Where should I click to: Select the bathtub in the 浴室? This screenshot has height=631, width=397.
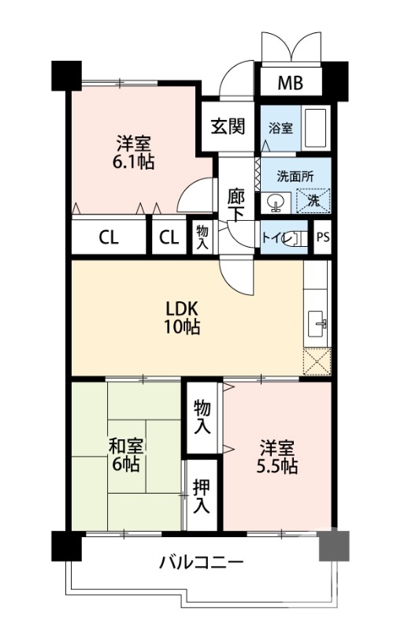[x=316, y=126]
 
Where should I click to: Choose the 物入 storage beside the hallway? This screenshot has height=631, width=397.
[x=202, y=237]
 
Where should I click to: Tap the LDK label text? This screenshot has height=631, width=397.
[x=182, y=308]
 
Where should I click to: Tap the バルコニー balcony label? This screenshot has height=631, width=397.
[x=201, y=562]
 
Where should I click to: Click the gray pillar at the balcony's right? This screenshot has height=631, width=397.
[x=333, y=545]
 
